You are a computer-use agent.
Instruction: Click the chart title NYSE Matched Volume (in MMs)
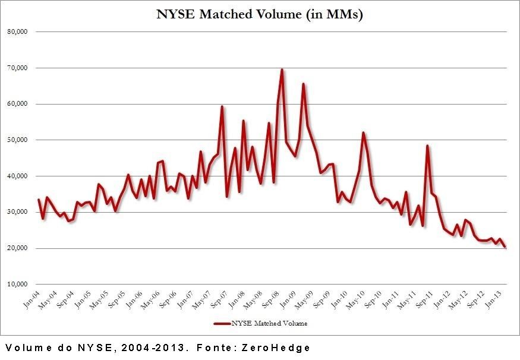click(x=259, y=14)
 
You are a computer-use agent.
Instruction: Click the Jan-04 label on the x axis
click(x=31, y=299)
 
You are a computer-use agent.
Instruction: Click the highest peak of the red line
click(x=282, y=70)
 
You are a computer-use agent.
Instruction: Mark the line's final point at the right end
click(x=505, y=247)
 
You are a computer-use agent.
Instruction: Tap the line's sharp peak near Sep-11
click(x=427, y=146)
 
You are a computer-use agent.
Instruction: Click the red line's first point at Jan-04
click(x=39, y=200)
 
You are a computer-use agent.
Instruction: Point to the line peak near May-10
click(x=363, y=132)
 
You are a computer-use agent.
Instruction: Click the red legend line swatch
click(x=224, y=323)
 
